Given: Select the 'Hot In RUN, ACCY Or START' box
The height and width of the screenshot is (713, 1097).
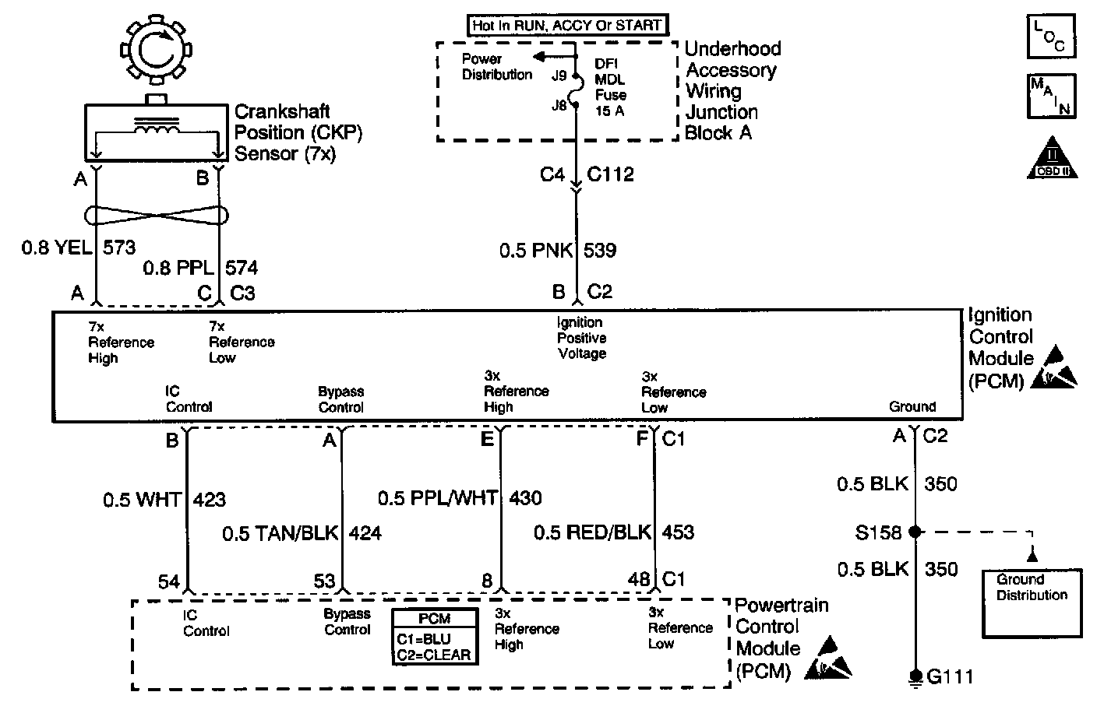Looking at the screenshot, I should tap(566, 25).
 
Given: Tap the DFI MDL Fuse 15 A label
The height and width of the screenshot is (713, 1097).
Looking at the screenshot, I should tap(610, 86).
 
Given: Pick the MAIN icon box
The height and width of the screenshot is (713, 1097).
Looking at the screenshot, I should tap(1051, 96).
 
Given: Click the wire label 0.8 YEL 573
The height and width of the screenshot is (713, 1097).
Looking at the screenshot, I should tap(79, 248).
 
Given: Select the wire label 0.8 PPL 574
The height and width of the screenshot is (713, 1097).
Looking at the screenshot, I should tap(200, 269).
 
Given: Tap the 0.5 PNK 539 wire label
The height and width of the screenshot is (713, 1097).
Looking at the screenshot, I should tap(558, 251).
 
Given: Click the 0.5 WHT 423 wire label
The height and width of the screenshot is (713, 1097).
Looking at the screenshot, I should tap(164, 499).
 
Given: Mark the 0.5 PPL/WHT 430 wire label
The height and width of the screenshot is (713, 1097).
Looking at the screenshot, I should tap(460, 498).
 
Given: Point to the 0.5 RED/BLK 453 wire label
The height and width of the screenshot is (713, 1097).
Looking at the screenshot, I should tap(614, 533).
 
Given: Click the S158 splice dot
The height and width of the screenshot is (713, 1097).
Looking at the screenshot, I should tap(915, 532).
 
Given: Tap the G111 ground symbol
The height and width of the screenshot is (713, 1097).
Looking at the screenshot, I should tap(916, 676).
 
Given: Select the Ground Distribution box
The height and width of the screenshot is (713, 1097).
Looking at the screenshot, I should tap(1032, 602).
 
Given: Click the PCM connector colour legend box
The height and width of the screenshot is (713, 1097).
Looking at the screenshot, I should tap(435, 637).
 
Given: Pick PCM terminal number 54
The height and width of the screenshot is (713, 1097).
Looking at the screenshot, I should tap(169, 581).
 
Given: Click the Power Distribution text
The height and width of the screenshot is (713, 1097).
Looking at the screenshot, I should tap(496, 67).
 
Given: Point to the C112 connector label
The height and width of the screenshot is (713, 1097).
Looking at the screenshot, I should tap(611, 174).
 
